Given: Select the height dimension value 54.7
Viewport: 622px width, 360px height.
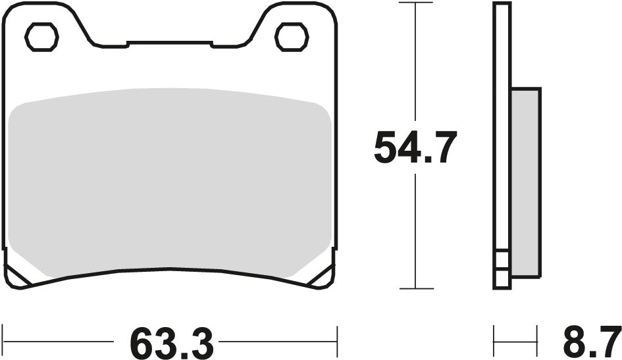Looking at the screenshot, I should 415,148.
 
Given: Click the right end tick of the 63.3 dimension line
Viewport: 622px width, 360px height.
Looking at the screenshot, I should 337,342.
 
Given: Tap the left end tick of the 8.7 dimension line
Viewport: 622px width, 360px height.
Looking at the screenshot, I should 494,342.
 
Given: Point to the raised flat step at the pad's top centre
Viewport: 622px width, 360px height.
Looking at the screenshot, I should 169,43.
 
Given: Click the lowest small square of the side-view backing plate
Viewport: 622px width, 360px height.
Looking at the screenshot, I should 502,280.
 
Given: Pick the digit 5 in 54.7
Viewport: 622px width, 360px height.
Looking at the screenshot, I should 387,148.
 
